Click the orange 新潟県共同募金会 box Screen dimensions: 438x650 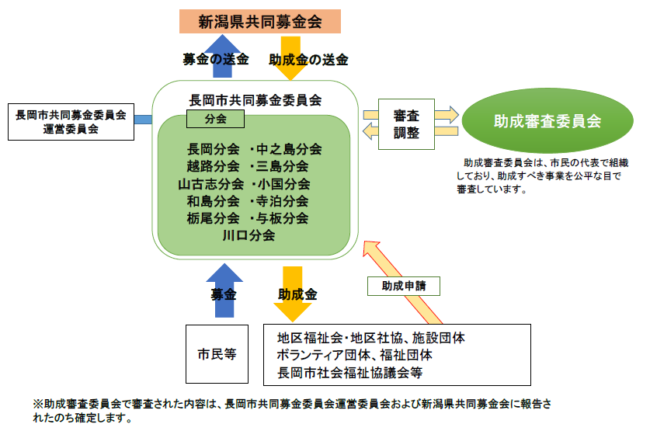259,21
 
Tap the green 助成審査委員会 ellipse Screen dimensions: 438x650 547,121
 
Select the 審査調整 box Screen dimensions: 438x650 406,123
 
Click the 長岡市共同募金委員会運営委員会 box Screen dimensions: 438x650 71,121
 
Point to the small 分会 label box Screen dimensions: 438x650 215,120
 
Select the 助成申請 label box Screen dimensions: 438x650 403,286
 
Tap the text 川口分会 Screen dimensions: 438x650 249,235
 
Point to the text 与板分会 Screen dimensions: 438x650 283,218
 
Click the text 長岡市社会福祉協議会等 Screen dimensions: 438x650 349,373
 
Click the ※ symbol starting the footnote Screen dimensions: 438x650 37,405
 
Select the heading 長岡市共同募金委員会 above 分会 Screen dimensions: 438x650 255,99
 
